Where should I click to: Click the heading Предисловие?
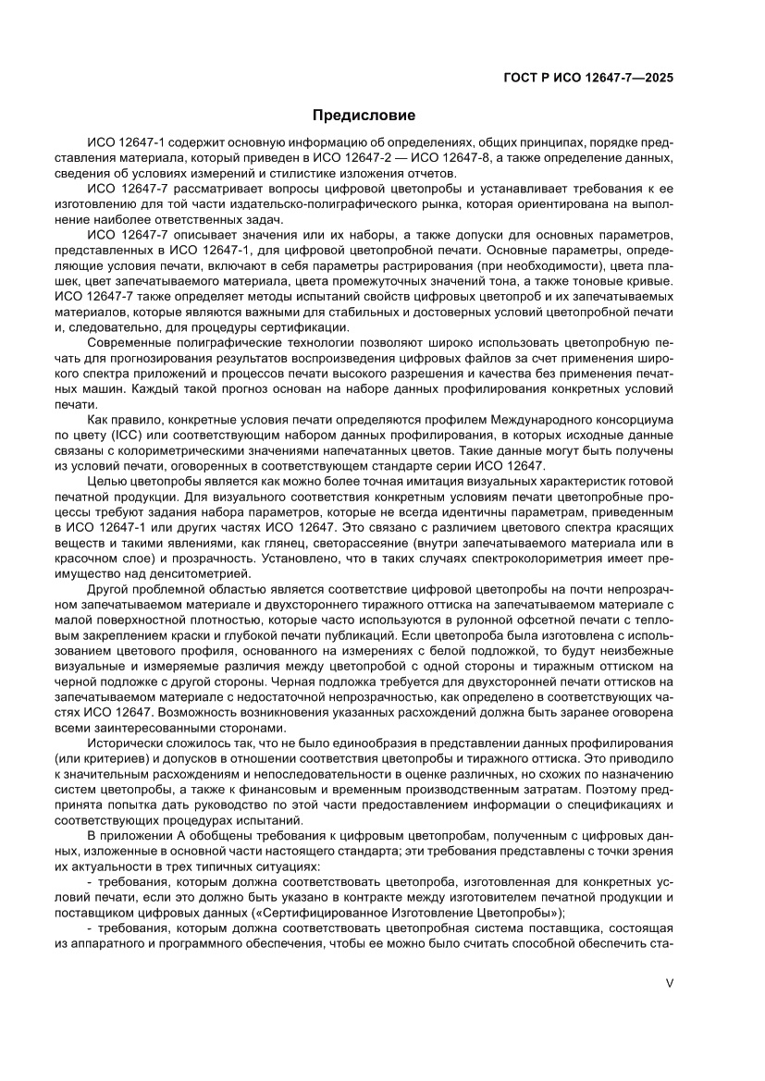pos(364,116)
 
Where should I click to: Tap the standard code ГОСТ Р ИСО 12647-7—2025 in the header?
pos(587,79)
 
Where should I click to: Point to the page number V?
pos(669,983)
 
